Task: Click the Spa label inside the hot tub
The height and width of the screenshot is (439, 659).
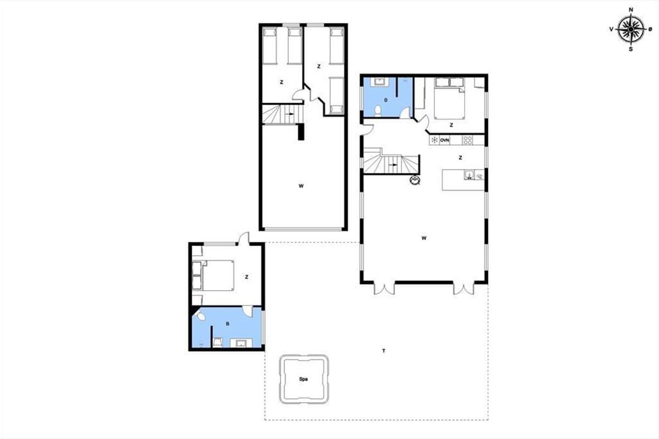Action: tap(303, 379)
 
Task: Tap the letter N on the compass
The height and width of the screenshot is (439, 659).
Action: tap(631, 10)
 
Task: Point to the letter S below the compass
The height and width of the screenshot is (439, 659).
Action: tap(630, 49)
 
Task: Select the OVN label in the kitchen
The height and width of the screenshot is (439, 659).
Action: tap(444, 140)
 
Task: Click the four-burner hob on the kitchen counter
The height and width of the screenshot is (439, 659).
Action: tap(467, 140)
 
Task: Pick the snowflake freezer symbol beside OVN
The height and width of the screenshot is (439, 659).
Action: tap(434, 140)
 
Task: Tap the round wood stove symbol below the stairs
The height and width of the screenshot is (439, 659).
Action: tap(415, 180)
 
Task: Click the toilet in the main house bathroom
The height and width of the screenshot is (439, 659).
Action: tap(377, 111)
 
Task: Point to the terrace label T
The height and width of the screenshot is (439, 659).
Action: tap(384, 351)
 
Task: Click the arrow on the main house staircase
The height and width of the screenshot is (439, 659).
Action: tap(393, 165)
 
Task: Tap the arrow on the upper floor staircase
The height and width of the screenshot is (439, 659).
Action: tap(290, 114)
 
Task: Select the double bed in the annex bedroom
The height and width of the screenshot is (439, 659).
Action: tap(213, 275)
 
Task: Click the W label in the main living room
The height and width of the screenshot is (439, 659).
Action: tap(424, 238)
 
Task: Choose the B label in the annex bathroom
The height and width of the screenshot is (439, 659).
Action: tap(227, 324)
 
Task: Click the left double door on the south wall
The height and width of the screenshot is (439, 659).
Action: tap(384, 289)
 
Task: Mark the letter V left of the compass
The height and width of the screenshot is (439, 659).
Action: tap(611, 29)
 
